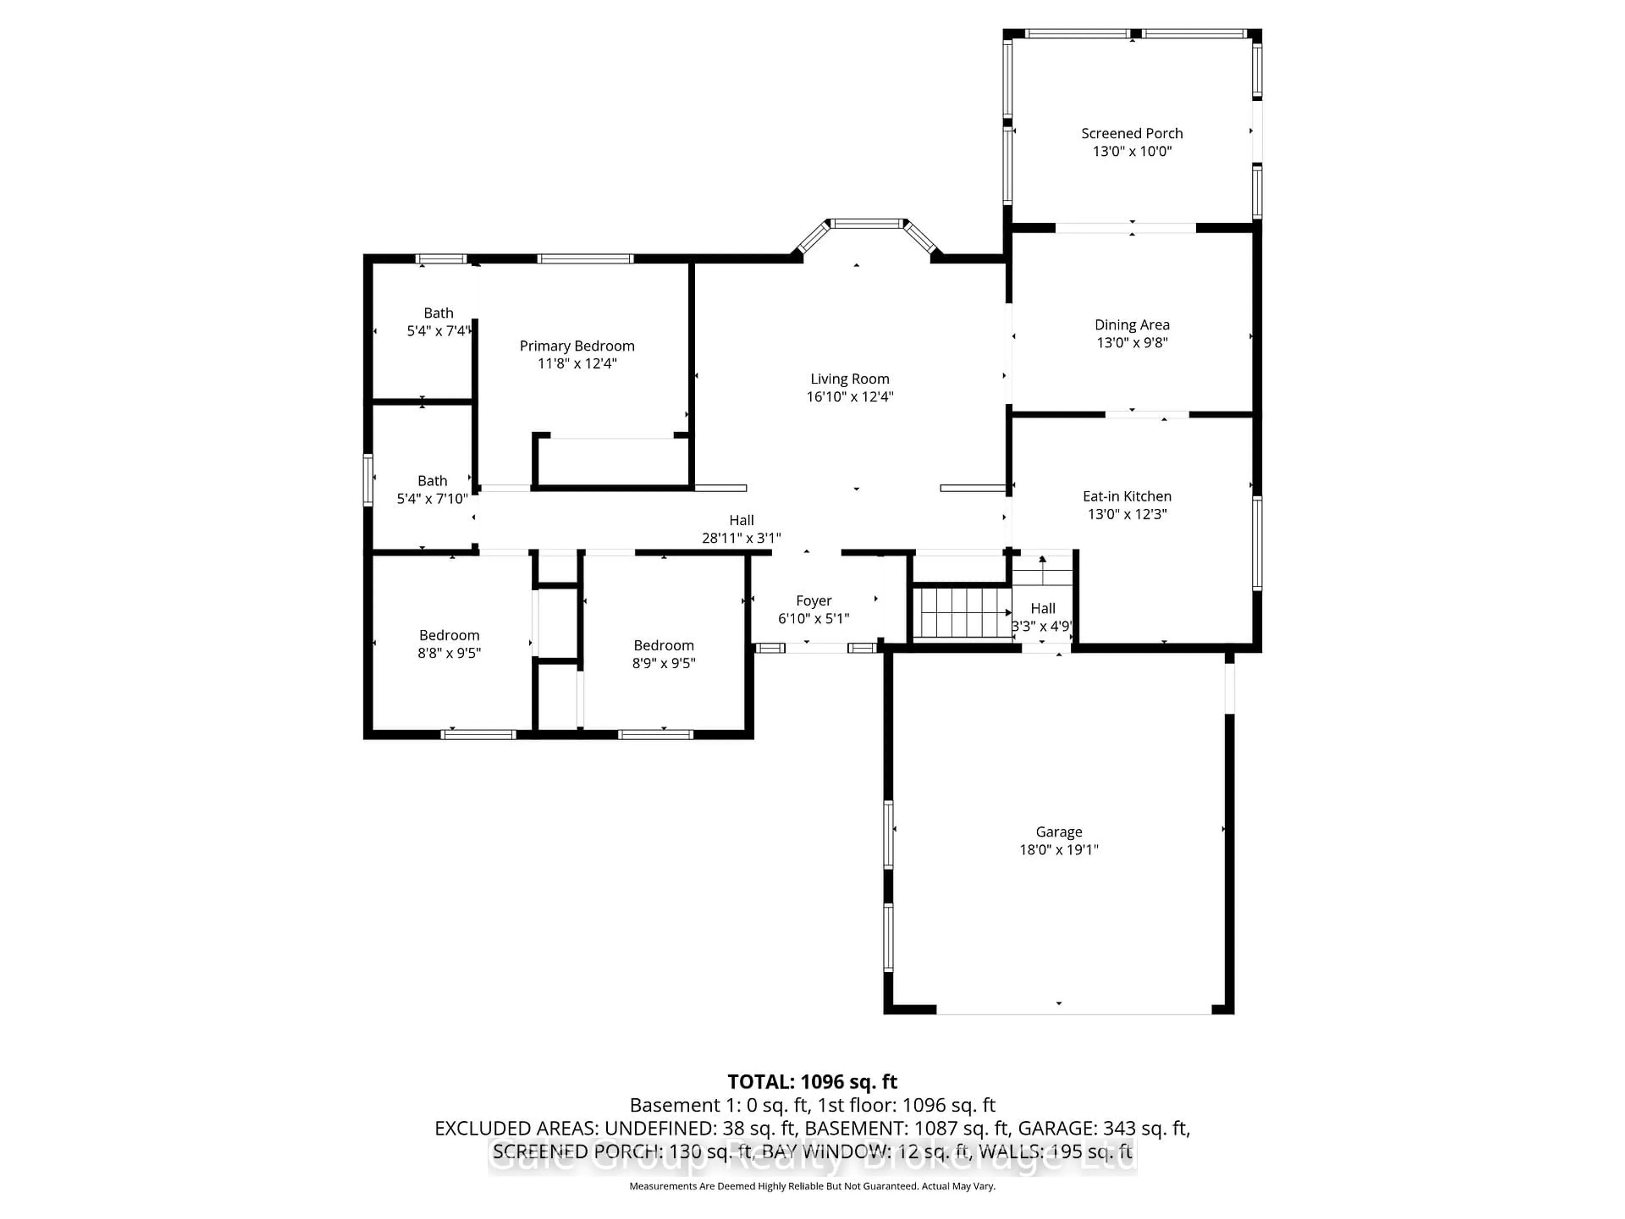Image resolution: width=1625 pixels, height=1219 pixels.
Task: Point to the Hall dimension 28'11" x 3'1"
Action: [741, 538]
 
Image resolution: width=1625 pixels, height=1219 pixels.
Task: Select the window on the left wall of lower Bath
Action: [368, 480]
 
